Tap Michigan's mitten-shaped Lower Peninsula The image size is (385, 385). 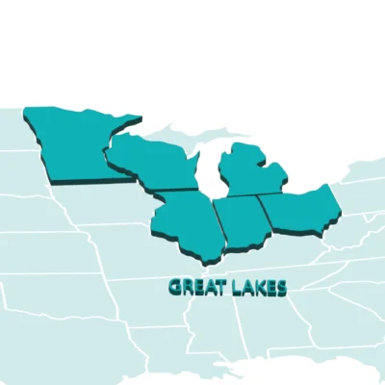tap(252, 178)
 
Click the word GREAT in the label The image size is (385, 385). tap(193, 287)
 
